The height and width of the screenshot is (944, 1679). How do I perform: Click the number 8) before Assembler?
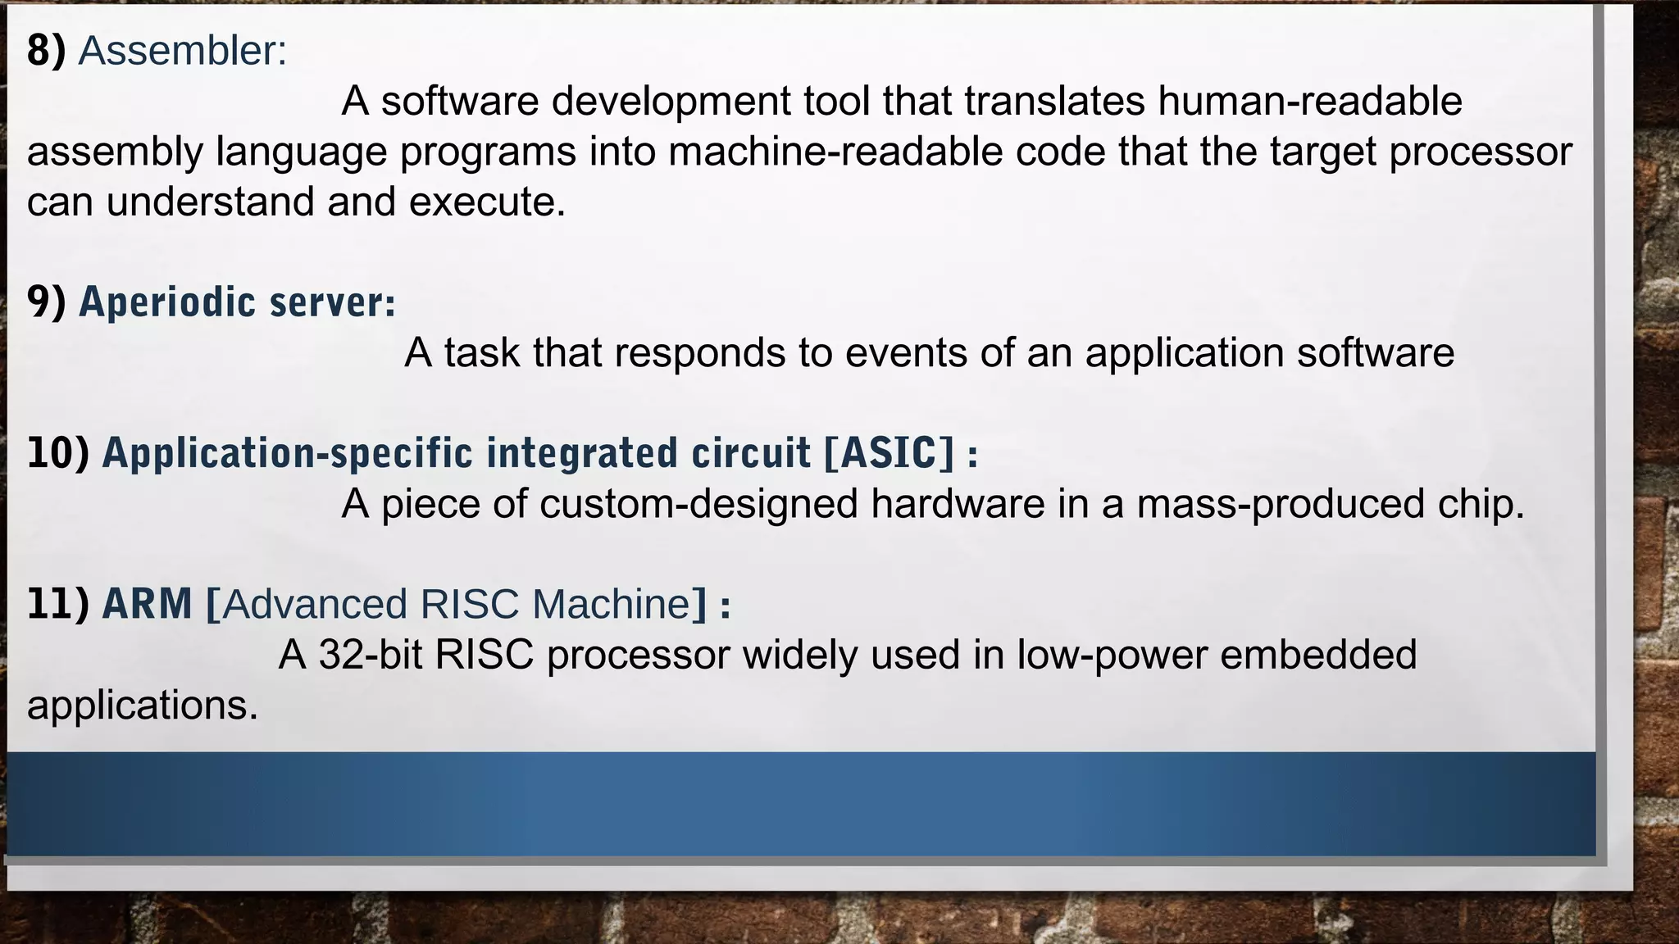[46, 51]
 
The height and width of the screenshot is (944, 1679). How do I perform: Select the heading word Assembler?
[182, 51]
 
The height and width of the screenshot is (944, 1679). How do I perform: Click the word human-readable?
[1309, 102]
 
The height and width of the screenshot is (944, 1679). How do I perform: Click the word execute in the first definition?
[487, 202]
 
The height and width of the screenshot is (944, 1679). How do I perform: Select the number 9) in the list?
[46, 302]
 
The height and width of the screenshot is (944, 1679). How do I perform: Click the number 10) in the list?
[57, 453]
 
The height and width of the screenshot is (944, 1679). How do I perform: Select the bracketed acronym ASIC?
[889, 453]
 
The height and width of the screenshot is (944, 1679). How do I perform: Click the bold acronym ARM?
[147, 604]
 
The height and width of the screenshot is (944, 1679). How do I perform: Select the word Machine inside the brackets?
[612, 604]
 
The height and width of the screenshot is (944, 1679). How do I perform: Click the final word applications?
[142, 706]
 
